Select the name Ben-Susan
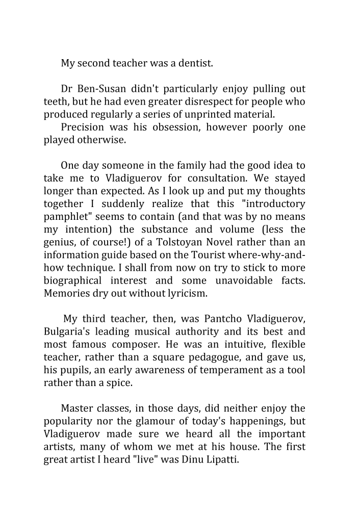102,89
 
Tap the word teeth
55,101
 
